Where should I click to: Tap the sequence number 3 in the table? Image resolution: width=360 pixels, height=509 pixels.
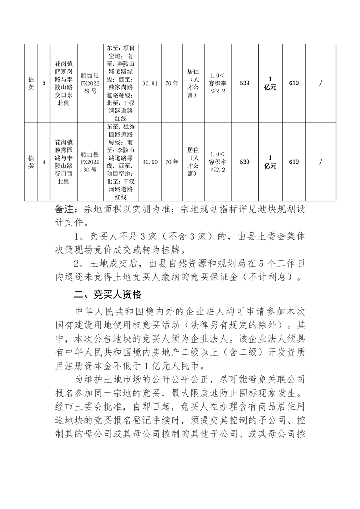pos(44,83)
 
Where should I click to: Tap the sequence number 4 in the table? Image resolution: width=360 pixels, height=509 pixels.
pos(44,162)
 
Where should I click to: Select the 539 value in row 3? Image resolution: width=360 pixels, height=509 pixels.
pos(244,83)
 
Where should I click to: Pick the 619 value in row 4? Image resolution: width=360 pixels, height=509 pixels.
pos(293,162)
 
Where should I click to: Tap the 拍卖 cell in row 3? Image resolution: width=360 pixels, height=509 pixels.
pos(30,83)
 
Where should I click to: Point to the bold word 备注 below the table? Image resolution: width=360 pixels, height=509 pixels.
pos(64,209)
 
